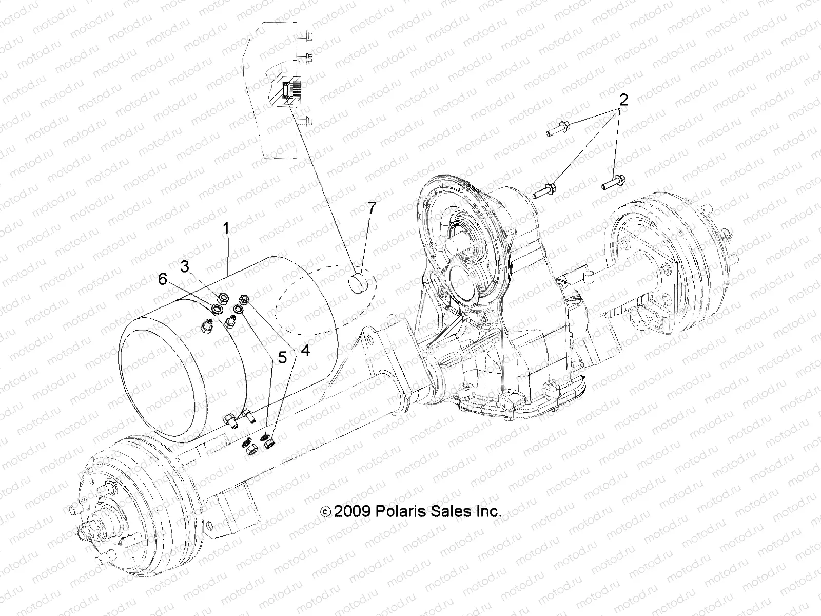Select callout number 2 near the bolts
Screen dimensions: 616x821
[x=623, y=100]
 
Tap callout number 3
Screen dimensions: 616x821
[x=184, y=266]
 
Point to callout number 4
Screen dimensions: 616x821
[x=305, y=351]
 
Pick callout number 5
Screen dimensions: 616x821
[x=282, y=358]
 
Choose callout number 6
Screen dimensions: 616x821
[x=162, y=279]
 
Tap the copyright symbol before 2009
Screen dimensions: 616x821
[x=325, y=512]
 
